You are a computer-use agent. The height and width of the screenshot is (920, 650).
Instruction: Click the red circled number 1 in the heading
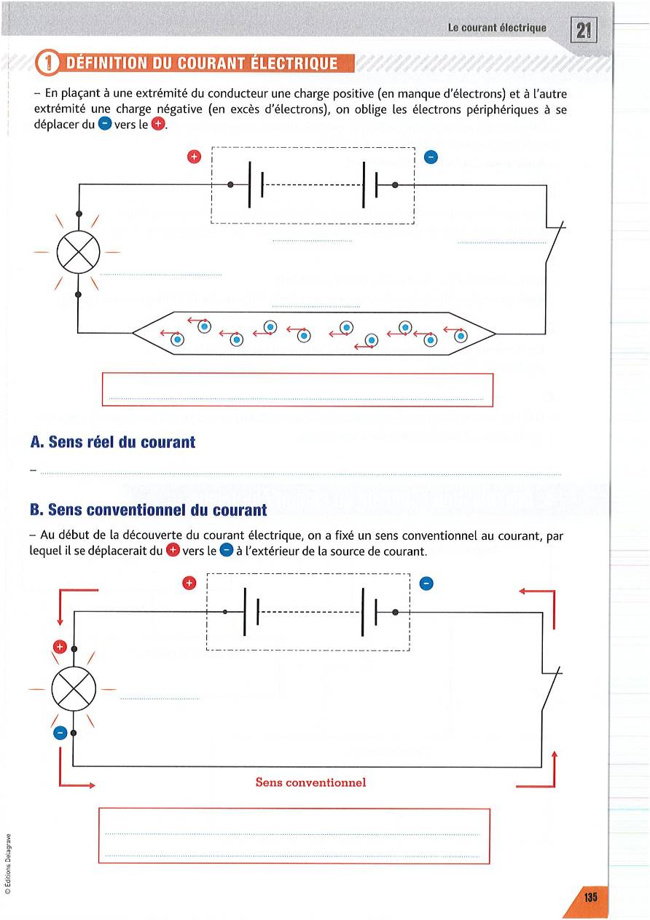click(x=49, y=63)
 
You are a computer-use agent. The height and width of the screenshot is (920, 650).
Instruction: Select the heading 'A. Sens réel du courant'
click(x=113, y=442)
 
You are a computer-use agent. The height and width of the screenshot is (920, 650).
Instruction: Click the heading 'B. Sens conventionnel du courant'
click(x=138, y=510)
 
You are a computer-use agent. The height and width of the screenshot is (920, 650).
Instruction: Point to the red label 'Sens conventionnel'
click(x=310, y=782)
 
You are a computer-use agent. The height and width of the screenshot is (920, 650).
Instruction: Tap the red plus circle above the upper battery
click(x=194, y=157)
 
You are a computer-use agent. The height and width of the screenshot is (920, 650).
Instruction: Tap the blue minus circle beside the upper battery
click(x=430, y=157)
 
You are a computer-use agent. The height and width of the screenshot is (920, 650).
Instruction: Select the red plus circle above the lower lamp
click(x=60, y=646)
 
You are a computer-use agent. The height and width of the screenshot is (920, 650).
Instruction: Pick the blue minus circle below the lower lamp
click(x=60, y=732)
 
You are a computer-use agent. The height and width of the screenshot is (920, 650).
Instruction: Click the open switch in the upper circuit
click(x=555, y=240)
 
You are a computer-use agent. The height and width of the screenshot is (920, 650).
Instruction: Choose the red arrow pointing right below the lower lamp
click(x=77, y=785)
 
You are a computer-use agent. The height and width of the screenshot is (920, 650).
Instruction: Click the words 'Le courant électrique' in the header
click(x=497, y=28)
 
